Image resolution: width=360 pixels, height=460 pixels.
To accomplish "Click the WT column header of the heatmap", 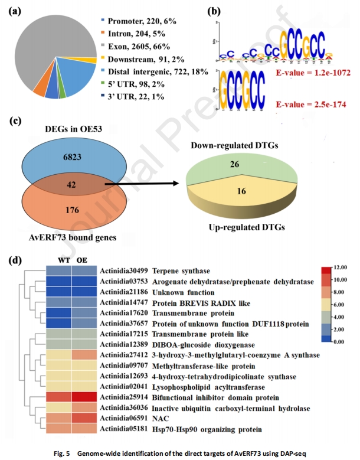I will pyautogui.click(x=59, y=259).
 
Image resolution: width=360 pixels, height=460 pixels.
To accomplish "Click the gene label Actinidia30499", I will pyautogui.click(x=124, y=270).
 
